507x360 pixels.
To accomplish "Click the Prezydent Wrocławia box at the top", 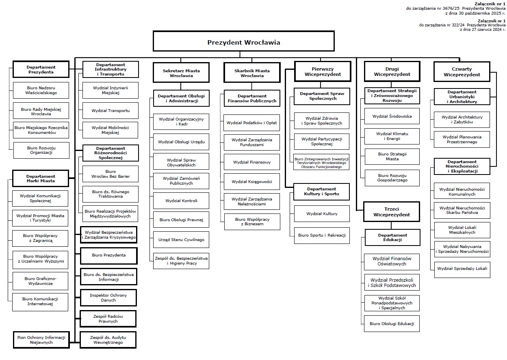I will pos(243,41).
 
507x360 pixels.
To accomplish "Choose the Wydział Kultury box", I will pos(322,213).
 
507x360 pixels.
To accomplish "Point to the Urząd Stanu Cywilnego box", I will pos(181,240).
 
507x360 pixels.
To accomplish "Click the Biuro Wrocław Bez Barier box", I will pos(110,174).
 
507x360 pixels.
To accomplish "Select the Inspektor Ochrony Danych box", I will pos(108,297).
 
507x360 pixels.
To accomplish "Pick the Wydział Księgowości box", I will pos(252,182).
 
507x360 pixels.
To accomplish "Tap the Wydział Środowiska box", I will pos(392,116).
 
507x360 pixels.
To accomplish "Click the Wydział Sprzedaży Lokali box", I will pos(462,269).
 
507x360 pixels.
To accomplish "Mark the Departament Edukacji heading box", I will pos(392,237).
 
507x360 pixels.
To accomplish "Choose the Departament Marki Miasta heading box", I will pos(40,179).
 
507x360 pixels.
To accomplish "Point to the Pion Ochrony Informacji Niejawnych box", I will pos(41,340).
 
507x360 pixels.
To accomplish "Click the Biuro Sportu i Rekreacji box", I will pos(322,235).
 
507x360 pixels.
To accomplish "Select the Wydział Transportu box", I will pos(110,110).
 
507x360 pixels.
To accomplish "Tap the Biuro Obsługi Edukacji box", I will pos(392,323).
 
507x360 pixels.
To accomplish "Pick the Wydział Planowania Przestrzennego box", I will pos(462,140).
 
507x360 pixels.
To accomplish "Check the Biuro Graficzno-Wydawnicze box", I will pos(40,281).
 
